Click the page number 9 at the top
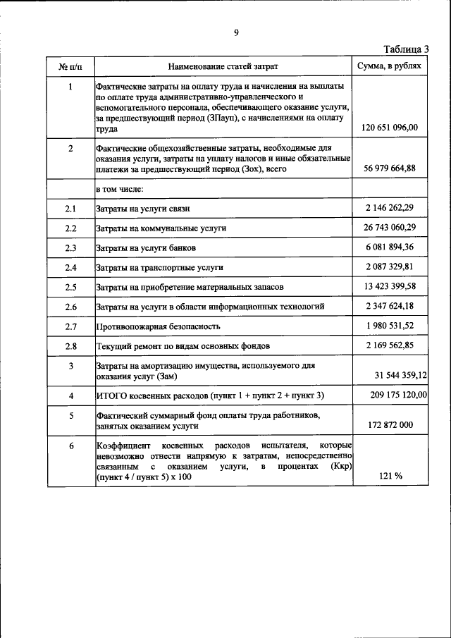point(237,32)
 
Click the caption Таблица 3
point(406,49)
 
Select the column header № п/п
point(70,66)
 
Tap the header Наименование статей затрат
point(223,66)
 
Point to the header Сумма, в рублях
point(390,66)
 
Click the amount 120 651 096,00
point(390,128)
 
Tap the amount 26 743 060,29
point(390,228)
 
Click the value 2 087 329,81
point(390,267)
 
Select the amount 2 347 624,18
point(390,306)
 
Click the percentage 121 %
point(390,476)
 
